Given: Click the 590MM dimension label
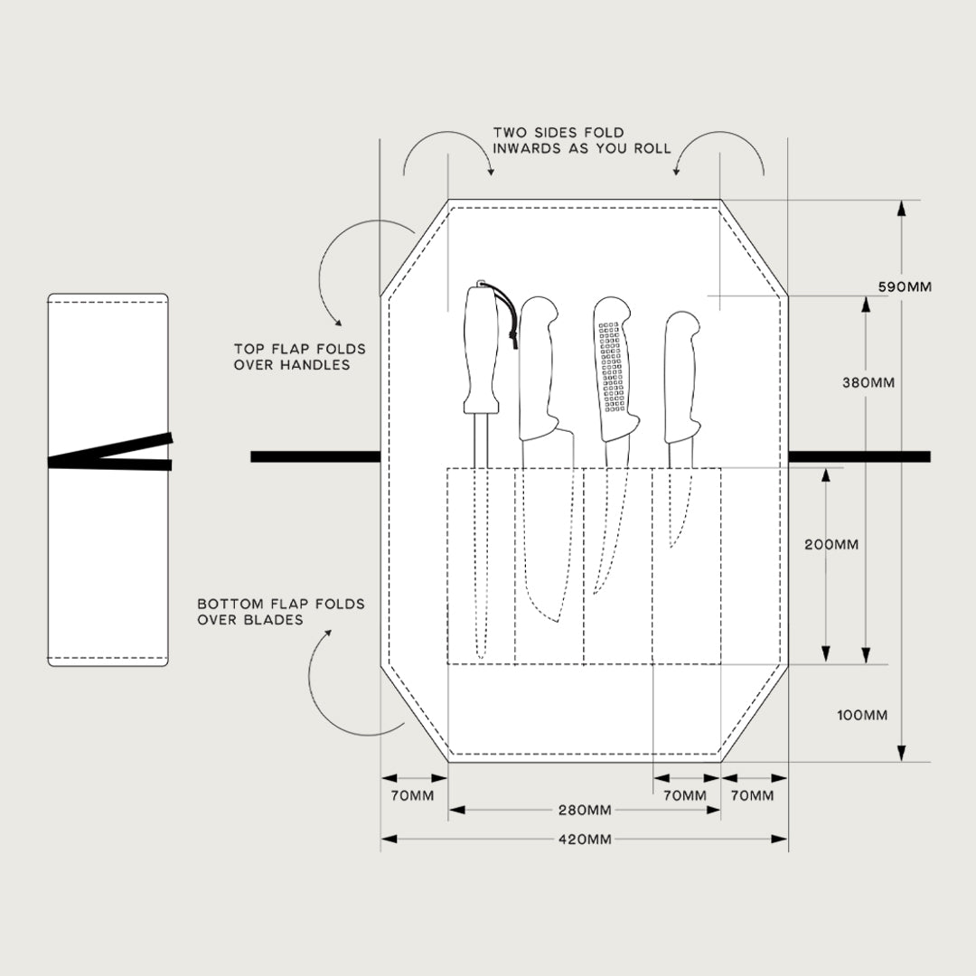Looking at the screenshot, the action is coord(905,287).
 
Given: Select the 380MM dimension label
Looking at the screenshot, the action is coord(868,383).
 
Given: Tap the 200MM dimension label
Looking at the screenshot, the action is coord(831,545).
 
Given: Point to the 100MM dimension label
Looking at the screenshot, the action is coord(862,715).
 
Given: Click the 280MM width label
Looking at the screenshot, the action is coord(585,811).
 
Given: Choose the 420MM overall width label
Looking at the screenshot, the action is coord(585,839).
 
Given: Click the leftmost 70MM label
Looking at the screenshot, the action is coord(412,795).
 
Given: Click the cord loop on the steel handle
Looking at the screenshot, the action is coord(505,315).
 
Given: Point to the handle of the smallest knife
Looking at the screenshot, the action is coord(682,377).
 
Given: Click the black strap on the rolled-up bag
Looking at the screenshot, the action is coord(110,452).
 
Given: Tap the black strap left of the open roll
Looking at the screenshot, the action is coord(315,457).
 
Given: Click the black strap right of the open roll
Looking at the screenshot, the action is coord(859,457).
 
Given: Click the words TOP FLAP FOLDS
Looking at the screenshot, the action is coord(300,349).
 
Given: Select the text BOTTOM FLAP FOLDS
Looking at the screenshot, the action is coord(281,604).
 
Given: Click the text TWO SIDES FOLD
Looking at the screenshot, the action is coord(558,133).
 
